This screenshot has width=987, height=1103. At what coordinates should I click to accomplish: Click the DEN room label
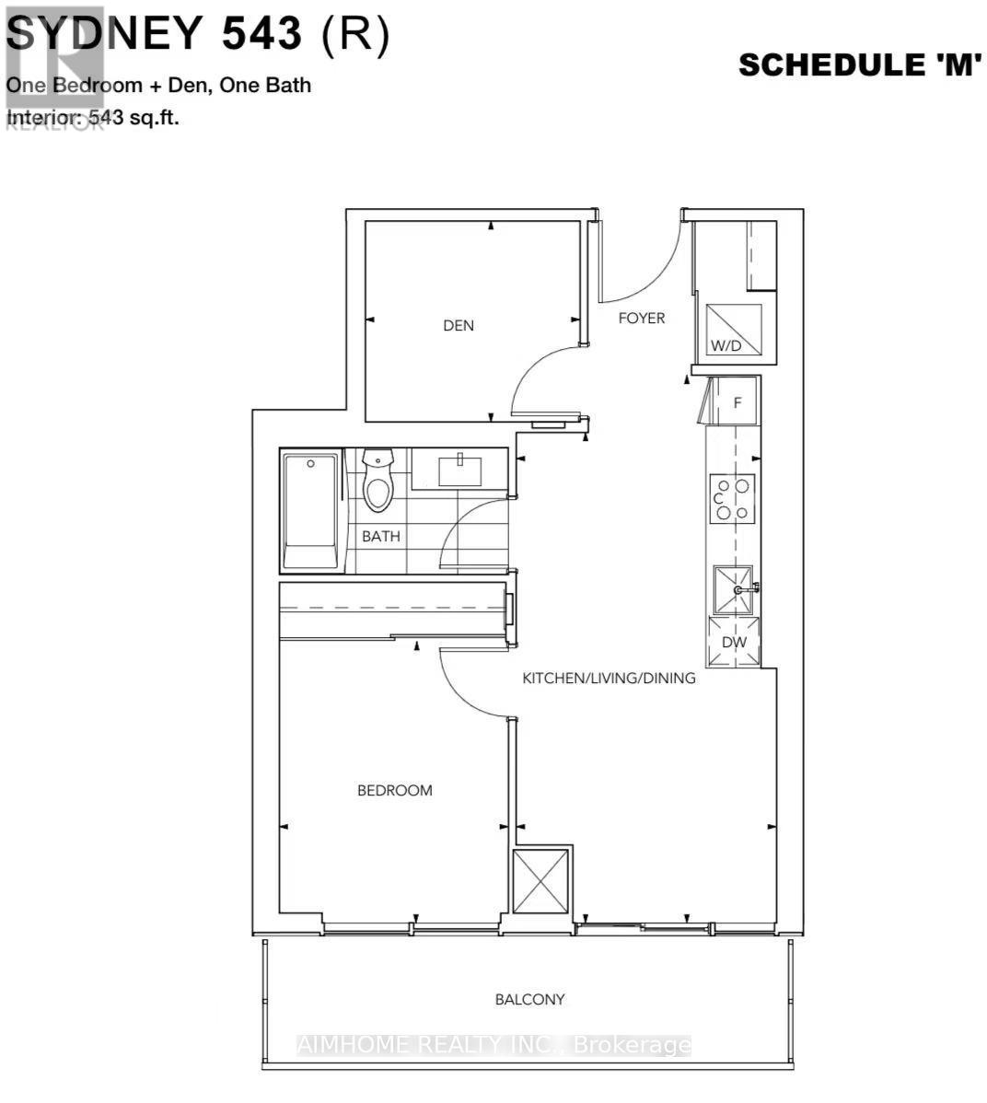459,326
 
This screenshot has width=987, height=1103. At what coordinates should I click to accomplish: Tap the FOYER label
641,319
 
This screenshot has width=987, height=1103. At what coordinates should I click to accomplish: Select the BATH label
380,537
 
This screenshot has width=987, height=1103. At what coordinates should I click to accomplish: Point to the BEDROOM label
394,790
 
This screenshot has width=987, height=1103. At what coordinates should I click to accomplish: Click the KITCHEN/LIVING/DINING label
609,679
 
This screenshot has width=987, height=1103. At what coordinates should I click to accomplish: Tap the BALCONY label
529,999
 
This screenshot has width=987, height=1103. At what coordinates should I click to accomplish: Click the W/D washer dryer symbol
733,330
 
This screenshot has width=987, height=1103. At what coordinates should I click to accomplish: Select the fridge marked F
732,402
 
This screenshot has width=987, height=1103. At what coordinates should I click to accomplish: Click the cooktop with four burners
733,498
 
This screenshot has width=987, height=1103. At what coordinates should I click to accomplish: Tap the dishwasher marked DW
734,642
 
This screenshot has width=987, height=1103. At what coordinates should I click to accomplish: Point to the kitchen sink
734,589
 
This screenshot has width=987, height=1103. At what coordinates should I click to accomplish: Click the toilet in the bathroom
377,479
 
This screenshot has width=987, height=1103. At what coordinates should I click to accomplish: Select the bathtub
310,510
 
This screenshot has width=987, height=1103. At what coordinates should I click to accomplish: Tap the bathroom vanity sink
459,470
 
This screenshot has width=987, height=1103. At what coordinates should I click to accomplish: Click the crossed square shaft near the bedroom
541,881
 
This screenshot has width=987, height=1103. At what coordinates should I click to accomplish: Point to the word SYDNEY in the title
104,34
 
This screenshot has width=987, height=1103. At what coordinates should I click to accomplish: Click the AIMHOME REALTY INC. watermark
493,1045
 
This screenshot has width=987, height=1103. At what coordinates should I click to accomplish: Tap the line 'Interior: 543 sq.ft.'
93,118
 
